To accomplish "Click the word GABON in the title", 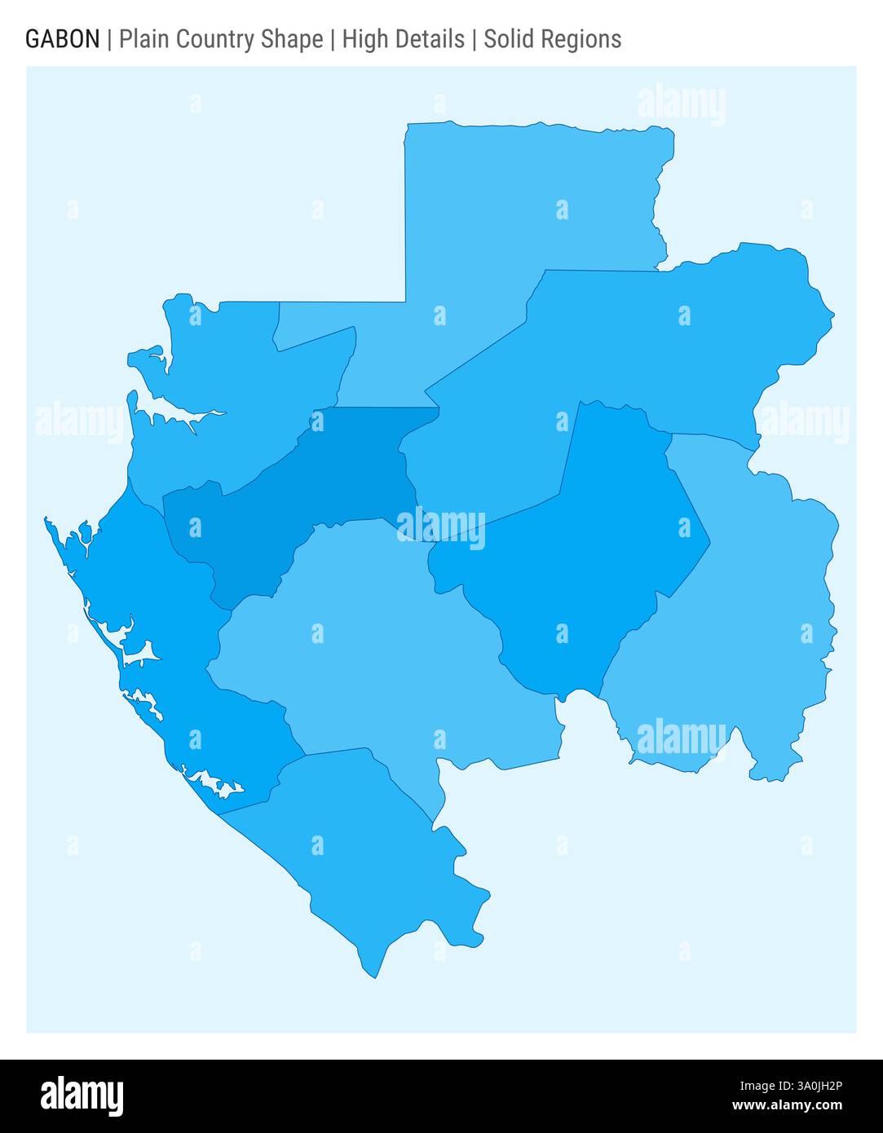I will point(63,39).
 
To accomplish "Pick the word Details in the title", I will point(431,39).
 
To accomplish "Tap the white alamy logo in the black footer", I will point(82,1096).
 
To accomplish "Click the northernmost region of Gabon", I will point(522,212).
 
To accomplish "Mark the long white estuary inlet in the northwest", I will point(175,412).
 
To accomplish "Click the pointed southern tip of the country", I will point(374,975).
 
